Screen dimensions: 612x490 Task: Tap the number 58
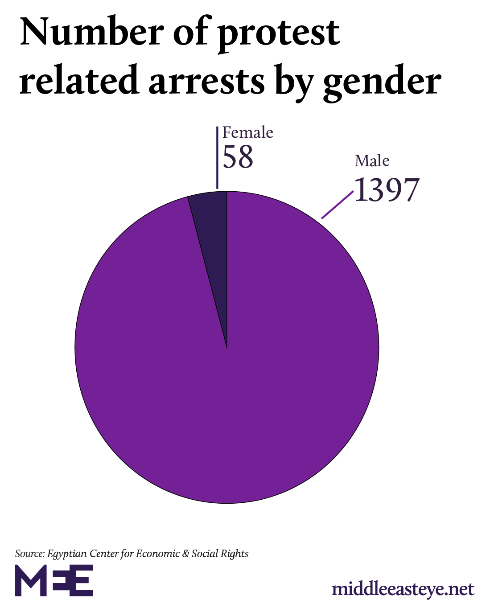point(238,157)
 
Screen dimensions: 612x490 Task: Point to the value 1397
point(387,190)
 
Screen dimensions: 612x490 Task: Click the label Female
point(247,132)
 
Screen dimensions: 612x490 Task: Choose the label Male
point(372,160)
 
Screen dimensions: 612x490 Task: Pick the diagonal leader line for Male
point(338,205)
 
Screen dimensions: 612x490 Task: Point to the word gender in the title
point(382,83)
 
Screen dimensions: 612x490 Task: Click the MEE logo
point(54,580)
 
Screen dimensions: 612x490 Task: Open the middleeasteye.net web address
point(403,589)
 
